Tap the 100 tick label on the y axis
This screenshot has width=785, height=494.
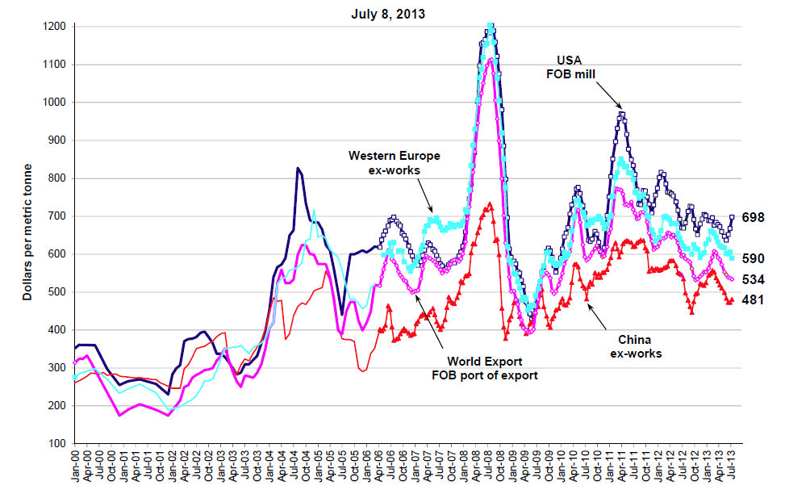tap(59, 444)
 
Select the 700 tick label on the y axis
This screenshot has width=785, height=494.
tap(59, 216)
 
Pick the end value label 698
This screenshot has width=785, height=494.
tap(754, 218)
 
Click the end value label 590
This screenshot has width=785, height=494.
tap(754, 258)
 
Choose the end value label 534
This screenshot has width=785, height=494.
tap(754, 279)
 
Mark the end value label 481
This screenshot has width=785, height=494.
tap(754, 299)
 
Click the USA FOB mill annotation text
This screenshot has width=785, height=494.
tap(578, 68)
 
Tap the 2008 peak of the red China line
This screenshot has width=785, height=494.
tap(490, 204)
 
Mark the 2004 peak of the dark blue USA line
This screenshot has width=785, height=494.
tap(298, 168)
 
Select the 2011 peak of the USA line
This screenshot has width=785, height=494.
tap(621, 114)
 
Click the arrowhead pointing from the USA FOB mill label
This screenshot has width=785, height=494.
tap(620, 108)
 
